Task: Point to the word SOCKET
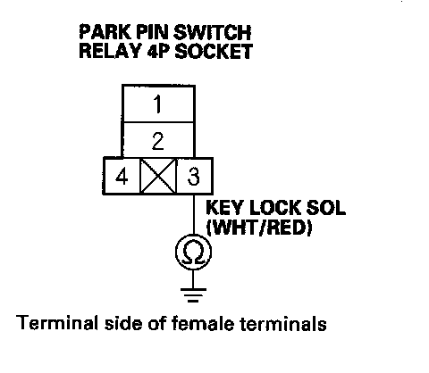(x=214, y=51)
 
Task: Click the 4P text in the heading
(x=158, y=51)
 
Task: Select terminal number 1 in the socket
(x=158, y=104)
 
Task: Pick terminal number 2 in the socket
(x=158, y=140)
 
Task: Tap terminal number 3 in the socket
(x=194, y=176)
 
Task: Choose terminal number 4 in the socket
(x=122, y=176)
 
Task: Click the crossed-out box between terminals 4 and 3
(x=158, y=176)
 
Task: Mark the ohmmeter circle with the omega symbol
(x=194, y=252)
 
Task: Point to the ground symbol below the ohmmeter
(x=193, y=294)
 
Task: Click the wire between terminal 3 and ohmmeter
(x=194, y=214)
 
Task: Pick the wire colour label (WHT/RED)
(x=259, y=228)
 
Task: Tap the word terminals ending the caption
(x=283, y=323)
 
